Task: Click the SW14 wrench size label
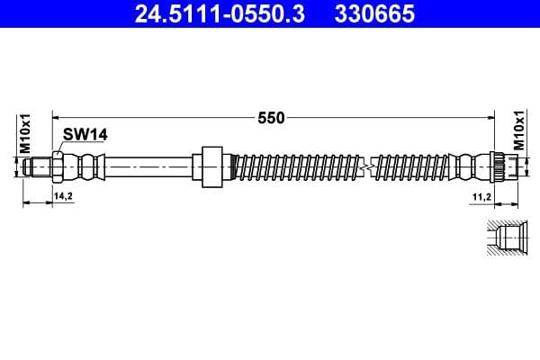click(85, 134)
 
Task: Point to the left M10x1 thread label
click(26, 132)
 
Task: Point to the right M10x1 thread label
click(518, 132)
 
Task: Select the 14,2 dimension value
click(63, 194)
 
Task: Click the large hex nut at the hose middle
click(211, 166)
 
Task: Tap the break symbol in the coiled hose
click(365, 166)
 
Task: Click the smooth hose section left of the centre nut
click(148, 166)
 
